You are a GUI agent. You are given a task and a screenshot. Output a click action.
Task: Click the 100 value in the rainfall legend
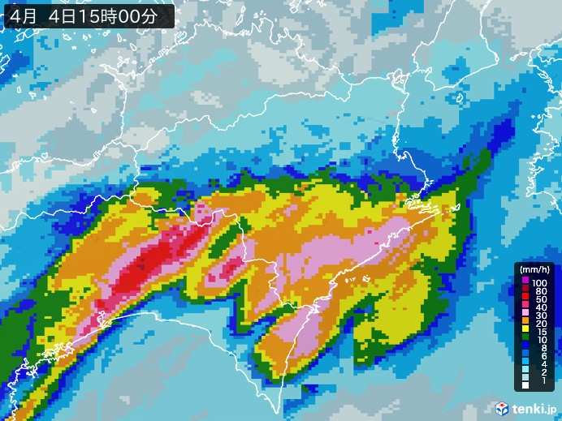click(x=539, y=281)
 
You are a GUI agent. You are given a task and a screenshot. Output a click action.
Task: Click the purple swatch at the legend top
click(x=525, y=281)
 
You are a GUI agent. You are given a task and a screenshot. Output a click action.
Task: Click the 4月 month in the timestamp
click(x=24, y=15)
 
